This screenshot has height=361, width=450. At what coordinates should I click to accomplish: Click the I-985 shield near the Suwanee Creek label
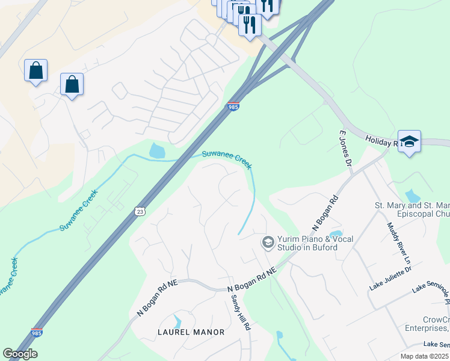(x=233, y=106)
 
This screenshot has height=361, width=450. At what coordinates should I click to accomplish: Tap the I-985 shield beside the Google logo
(x=37, y=332)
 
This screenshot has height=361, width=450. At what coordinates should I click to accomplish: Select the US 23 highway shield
(x=140, y=211)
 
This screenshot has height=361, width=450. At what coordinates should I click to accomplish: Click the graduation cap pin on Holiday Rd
(x=409, y=142)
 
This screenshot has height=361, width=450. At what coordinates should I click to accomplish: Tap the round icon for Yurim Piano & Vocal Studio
(x=267, y=242)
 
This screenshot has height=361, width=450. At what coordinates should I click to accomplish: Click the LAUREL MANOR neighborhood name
(x=191, y=332)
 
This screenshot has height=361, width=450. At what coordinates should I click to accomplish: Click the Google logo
(x=20, y=354)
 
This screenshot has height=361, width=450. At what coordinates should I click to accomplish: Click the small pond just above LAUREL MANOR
(x=176, y=321)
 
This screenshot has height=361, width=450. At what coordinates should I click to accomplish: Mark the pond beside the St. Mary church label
(x=412, y=196)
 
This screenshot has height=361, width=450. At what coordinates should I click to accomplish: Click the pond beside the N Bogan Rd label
(x=336, y=233)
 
